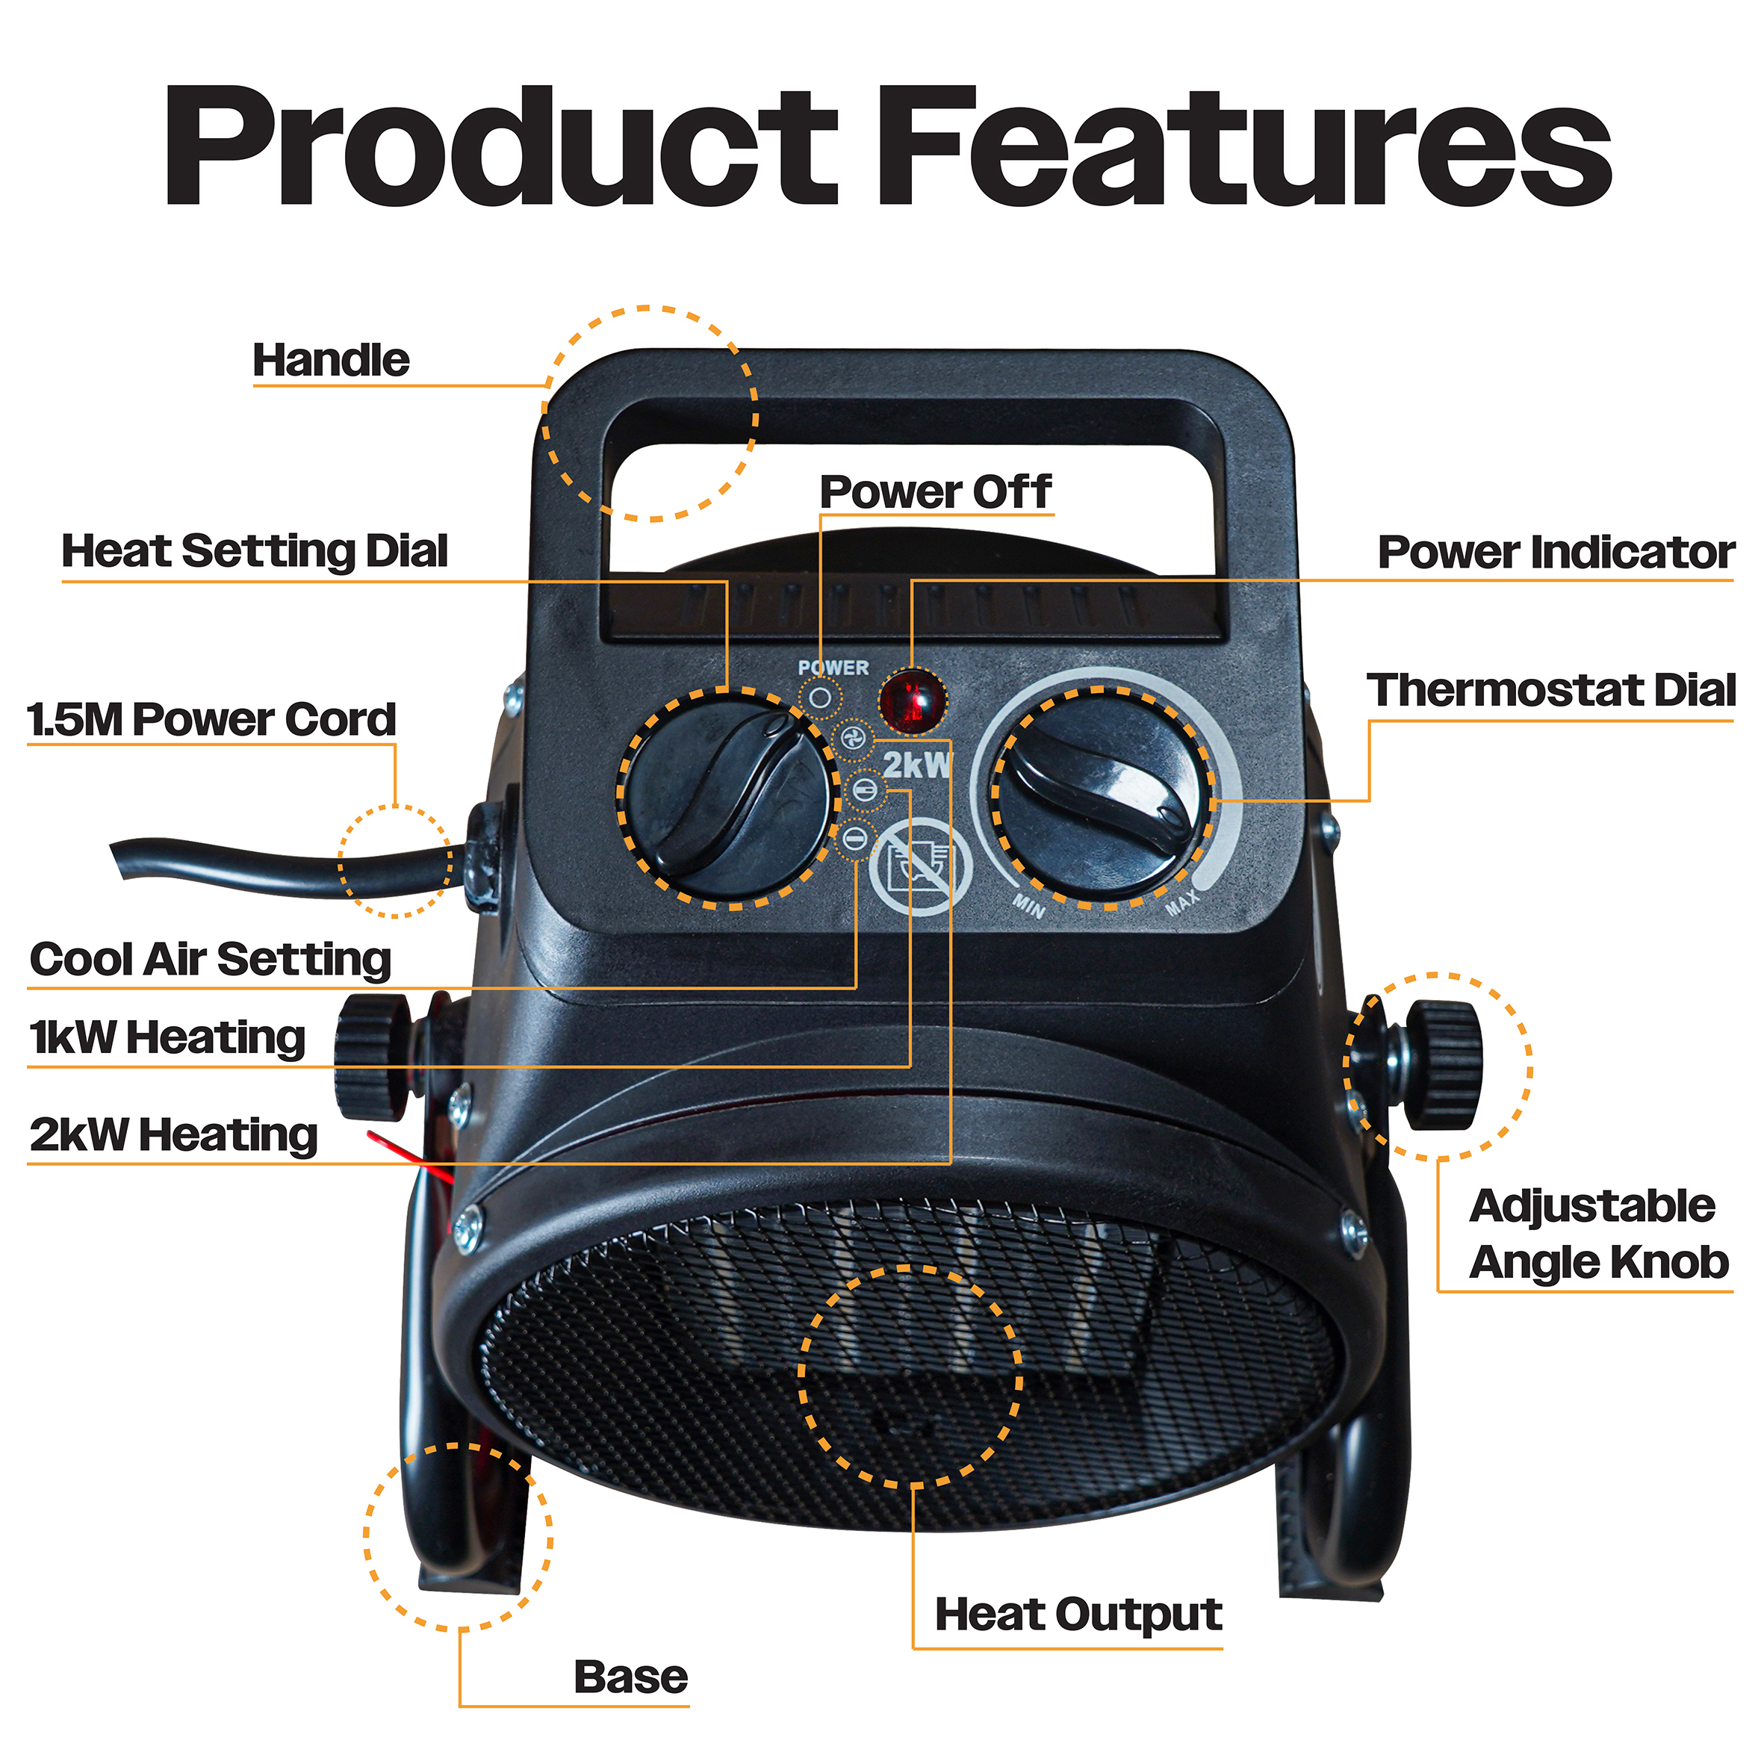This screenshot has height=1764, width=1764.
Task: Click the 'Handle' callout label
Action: [331, 361]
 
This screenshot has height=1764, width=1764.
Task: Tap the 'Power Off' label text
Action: [935, 492]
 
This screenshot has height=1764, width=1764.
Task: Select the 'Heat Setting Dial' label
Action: [255, 551]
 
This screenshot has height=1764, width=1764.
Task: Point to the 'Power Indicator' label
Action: [1556, 553]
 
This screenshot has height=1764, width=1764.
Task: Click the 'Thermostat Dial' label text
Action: [1550, 690]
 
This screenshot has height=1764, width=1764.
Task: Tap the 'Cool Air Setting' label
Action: [210, 960]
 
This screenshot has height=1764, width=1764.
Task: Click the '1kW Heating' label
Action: [167, 1038]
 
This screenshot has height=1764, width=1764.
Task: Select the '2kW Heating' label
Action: [173, 1135]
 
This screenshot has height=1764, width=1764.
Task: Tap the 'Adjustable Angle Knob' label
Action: [1597, 1235]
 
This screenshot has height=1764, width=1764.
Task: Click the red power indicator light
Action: [912, 701]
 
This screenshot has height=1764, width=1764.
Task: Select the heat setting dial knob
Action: [731, 797]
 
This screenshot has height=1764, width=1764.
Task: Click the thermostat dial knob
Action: [1105, 796]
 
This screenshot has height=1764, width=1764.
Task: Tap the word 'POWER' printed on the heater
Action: [833, 668]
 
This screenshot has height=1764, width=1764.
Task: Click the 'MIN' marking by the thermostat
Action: [1029, 907]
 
